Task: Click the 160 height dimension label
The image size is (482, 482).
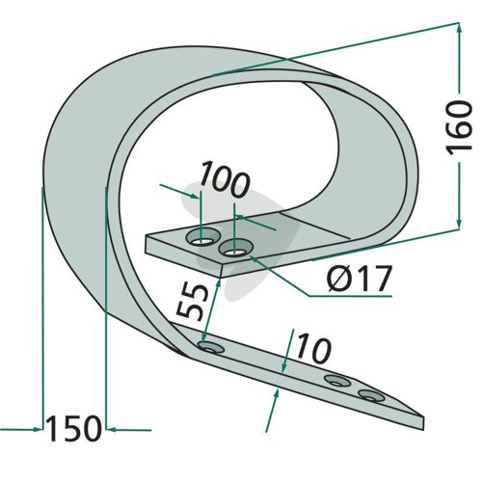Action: (460, 128)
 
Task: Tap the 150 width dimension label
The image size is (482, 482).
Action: (74, 429)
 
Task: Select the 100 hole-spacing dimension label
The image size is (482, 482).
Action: (225, 179)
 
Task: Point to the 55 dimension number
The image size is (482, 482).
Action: (192, 302)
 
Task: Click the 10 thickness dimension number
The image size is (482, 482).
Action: (313, 349)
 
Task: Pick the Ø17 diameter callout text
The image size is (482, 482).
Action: (360, 278)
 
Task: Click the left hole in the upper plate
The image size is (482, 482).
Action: (201, 236)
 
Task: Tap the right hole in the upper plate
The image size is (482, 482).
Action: (235, 248)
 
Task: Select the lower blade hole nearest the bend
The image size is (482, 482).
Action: (211, 347)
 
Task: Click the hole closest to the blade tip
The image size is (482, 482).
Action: (371, 395)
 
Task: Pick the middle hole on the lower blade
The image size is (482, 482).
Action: (337, 381)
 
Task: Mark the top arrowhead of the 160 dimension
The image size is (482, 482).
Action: (459, 29)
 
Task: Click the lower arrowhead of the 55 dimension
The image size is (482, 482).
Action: (204, 337)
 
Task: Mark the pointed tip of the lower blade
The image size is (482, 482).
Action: (423, 417)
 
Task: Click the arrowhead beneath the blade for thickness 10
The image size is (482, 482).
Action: (277, 394)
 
